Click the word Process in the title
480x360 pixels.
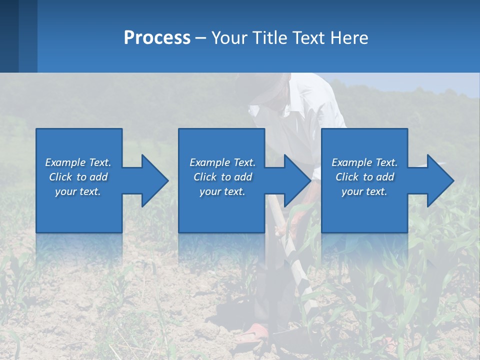click(x=157, y=37)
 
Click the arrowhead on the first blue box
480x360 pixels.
click(x=154, y=180)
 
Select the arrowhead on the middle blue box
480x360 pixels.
click(x=297, y=180)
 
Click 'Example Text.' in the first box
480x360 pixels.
click(x=78, y=162)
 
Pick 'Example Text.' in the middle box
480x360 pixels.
click(x=222, y=162)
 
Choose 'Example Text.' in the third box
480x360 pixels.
click(x=364, y=162)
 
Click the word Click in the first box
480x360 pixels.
click(x=60, y=177)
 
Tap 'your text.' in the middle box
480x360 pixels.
click(x=222, y=191)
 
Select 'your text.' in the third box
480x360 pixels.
click(x=364, y=191)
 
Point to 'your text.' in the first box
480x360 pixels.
click(x=78, y=191)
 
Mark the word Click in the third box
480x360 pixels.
click(x=347, y=177)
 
